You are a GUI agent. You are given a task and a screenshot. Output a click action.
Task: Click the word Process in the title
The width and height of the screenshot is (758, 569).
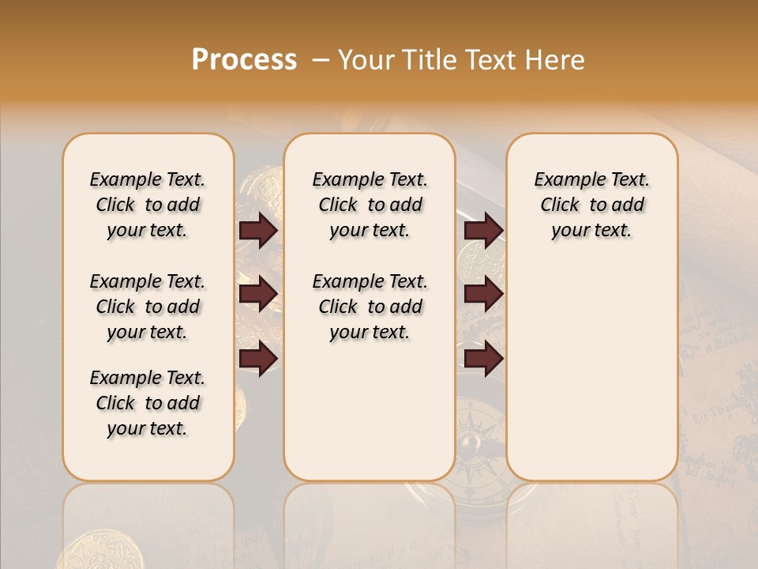[244, 60]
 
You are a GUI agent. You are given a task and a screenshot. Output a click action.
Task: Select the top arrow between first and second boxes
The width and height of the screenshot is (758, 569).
[258, 231]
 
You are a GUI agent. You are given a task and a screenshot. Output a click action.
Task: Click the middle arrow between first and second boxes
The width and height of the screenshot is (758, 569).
[258, 294]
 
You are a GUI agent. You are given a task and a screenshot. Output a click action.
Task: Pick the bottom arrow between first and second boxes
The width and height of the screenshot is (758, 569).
[258, 358]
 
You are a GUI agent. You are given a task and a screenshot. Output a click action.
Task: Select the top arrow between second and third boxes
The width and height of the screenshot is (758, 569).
[483, 231]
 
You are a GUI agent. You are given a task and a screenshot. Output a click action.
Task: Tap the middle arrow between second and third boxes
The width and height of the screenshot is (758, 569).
[483, 294]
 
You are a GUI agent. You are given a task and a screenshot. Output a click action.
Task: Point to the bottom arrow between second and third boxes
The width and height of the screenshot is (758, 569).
[483, 358]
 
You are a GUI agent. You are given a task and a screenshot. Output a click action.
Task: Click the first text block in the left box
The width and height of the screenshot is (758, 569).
[148, 205]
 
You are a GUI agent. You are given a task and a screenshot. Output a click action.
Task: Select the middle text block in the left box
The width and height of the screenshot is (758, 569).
[148, 307]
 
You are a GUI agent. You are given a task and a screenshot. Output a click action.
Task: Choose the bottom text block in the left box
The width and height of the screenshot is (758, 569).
[148, 403]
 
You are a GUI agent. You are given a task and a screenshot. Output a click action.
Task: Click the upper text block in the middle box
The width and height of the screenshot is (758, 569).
[370, 205]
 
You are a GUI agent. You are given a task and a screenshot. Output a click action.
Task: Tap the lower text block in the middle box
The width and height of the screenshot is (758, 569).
[370, 307]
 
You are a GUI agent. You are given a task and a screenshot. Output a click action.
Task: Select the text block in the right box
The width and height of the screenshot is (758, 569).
[591, 205]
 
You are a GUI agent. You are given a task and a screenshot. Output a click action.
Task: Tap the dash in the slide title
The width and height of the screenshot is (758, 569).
[321, 60]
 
